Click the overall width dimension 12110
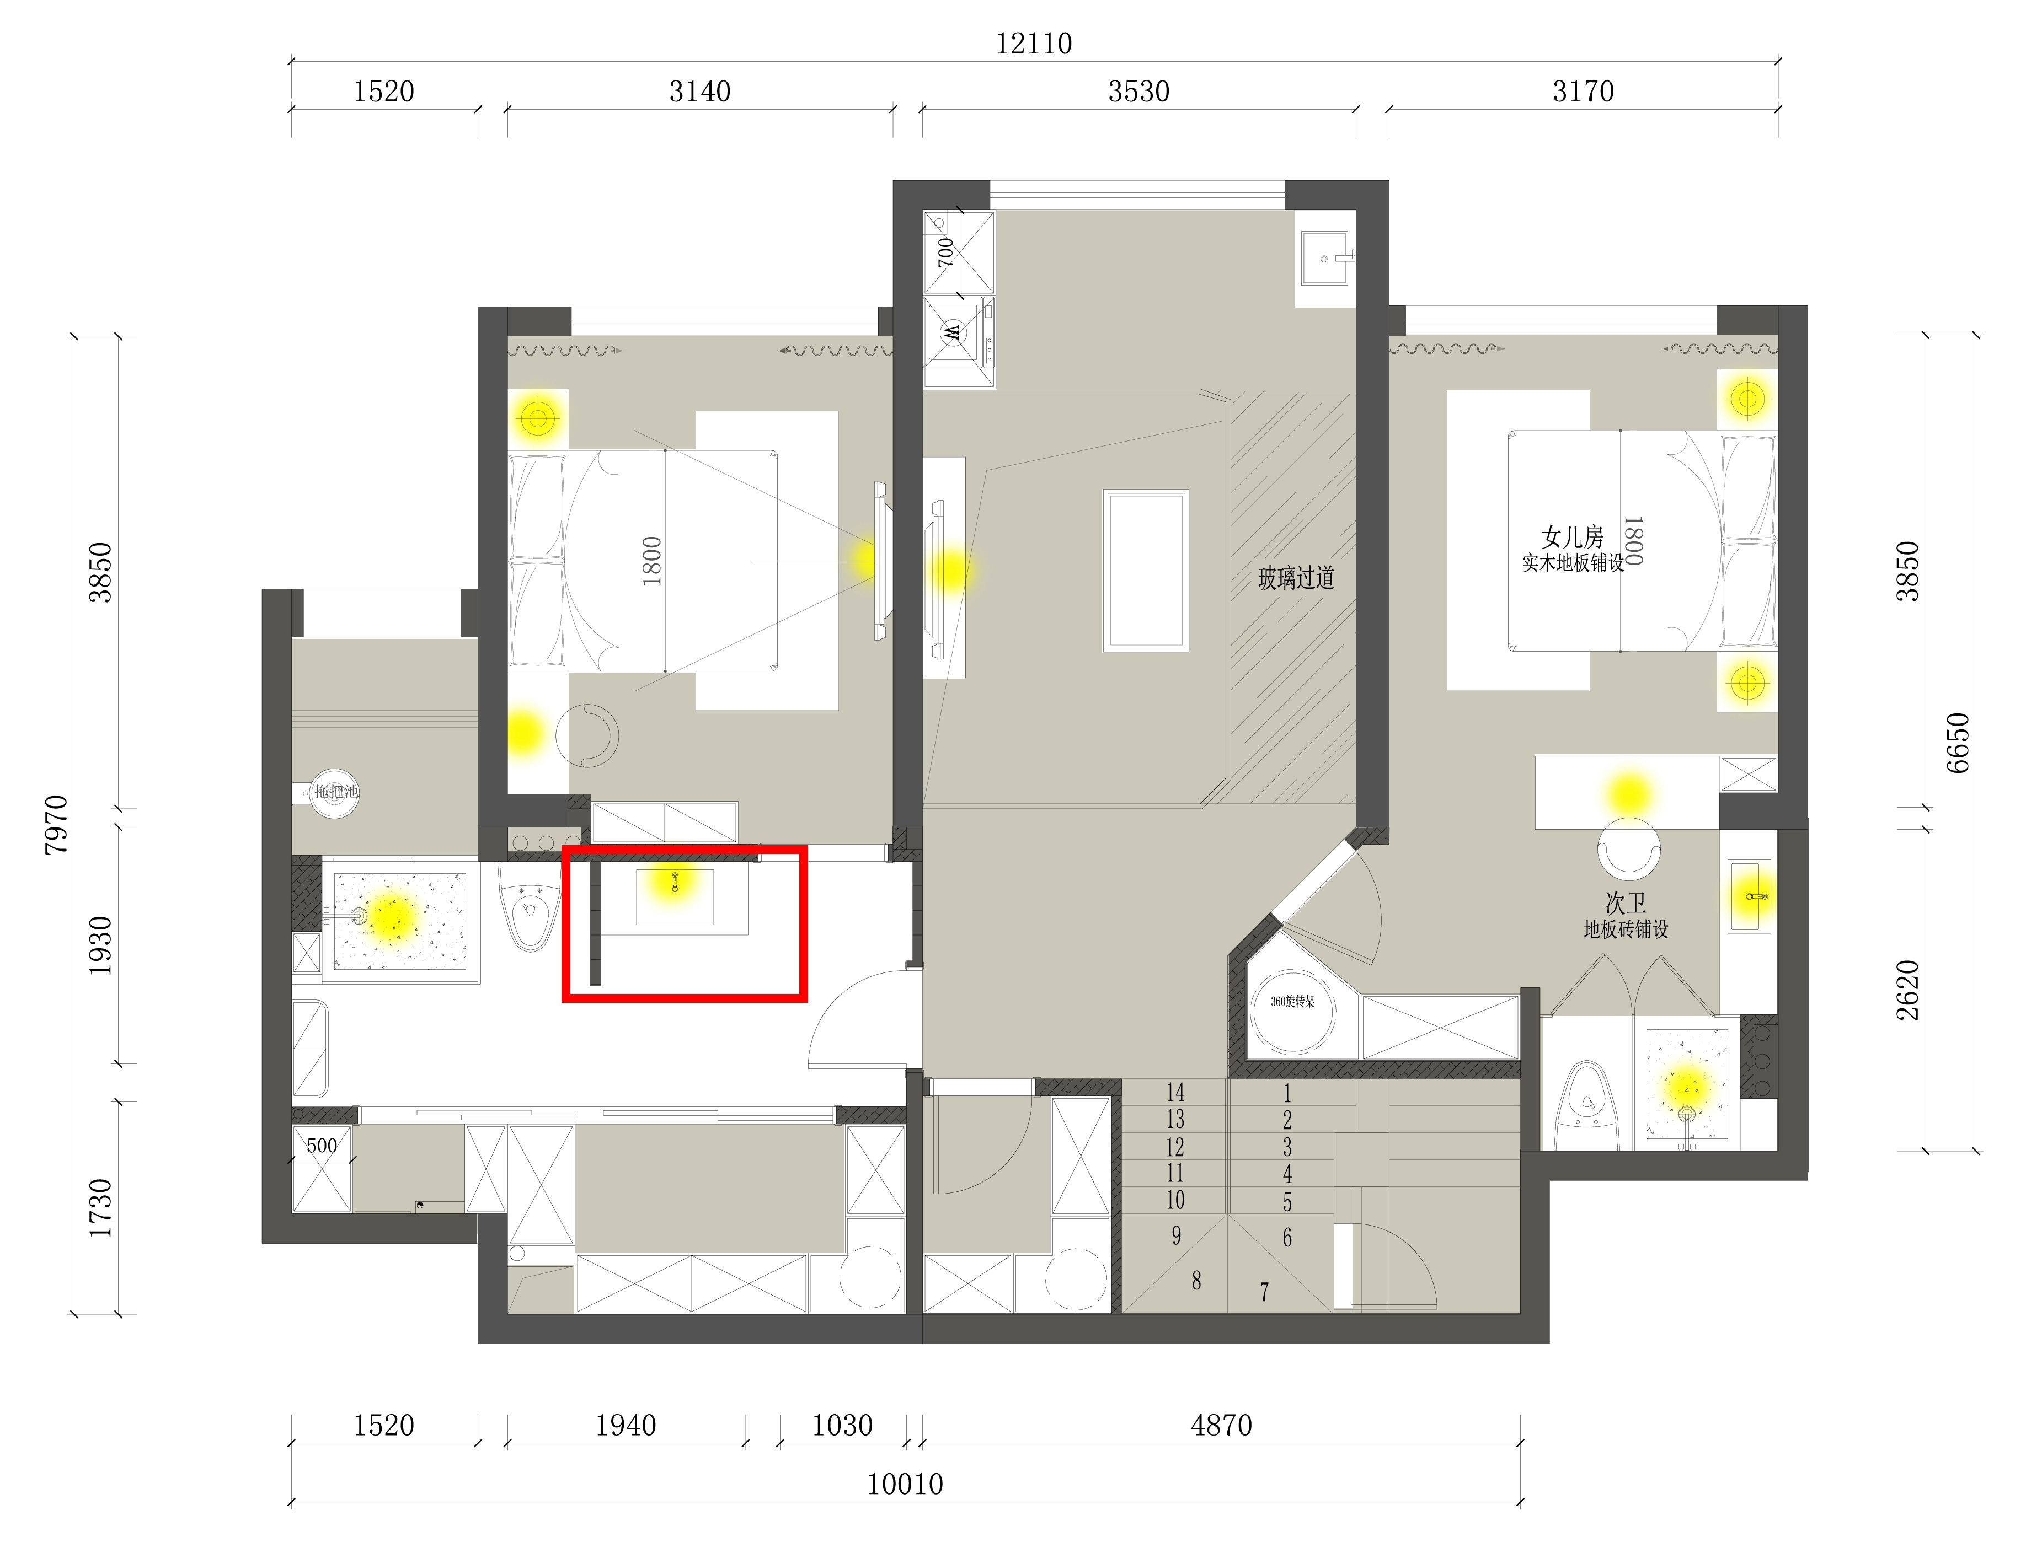(1034, 44)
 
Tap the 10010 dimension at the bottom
(905, 1484)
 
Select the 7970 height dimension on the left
(56, 824)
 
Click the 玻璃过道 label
(1296, 579)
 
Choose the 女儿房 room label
(1572, 536)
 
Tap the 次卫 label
(1626, 902)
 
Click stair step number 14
(1175, 1093)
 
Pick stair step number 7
(1264, 1291)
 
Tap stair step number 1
(1286, 1094)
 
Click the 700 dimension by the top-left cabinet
(945, 251)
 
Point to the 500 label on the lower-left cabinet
(322, 1146)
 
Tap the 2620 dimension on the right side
(1907, 990)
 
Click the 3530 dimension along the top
(1139, 92)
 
